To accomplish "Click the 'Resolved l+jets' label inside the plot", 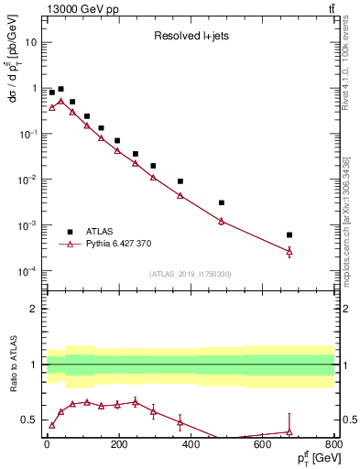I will pyautogui.click(x=191, y=37).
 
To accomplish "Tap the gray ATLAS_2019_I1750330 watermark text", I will pyautogui.click(x=191, y=274).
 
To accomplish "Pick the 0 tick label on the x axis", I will pyautogui.click(x=47, y=445).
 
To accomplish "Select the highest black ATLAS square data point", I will pyautogui.click(x=60, y=90).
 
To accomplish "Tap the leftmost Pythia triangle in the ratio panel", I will pyautogui.click(x=52, y=425).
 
